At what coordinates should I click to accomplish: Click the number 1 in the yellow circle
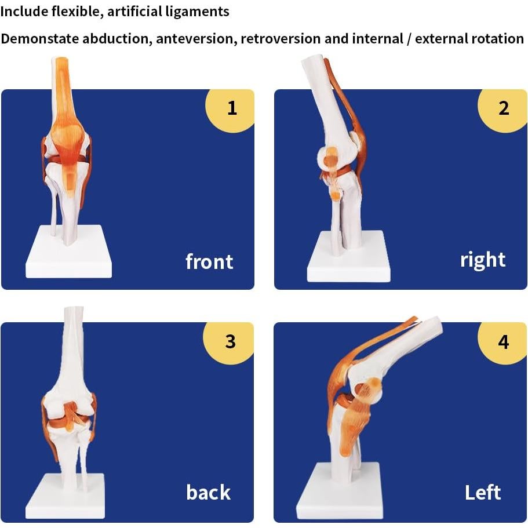(232, 108)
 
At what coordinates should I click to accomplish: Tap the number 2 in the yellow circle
(504, 108)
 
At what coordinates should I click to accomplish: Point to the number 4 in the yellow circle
(503, 341)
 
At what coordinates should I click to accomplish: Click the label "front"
(209, 262)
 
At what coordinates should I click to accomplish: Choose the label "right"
(482, 260)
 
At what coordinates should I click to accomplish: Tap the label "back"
(208, 493)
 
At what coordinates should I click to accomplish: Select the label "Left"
(482, 493)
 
